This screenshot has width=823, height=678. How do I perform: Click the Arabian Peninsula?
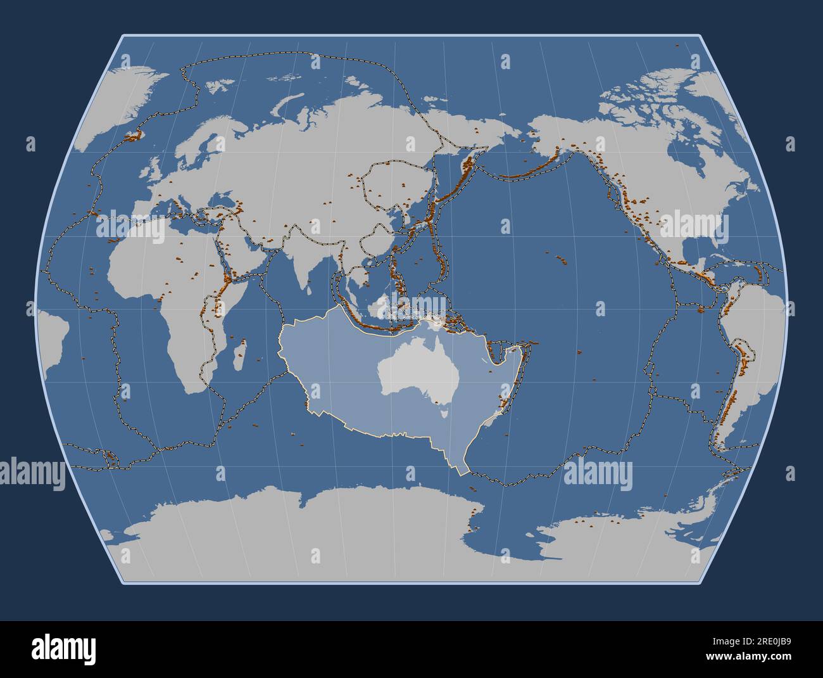[x=244, y=253]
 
